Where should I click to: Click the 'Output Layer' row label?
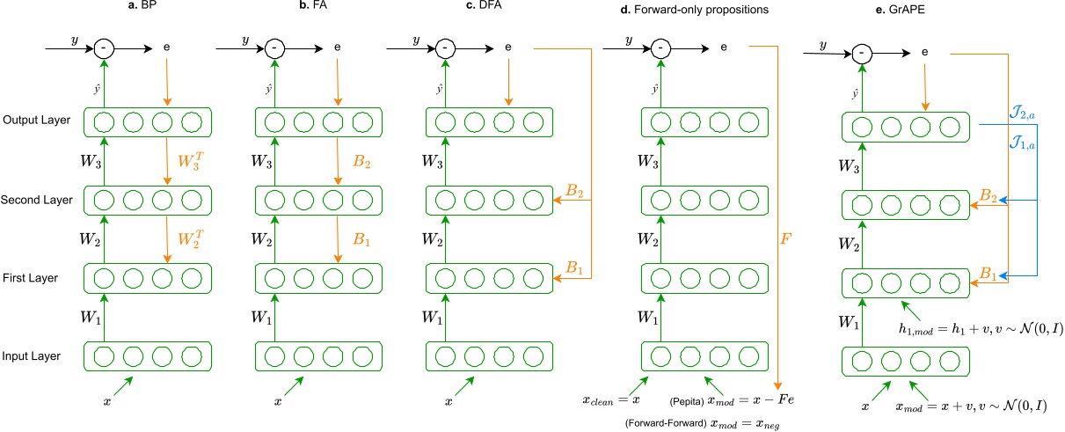pyautogui.click(x=33, y=120)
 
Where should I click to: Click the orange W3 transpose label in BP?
pyautogui.click(x=191, y=160)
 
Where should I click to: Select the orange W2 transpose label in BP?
pyautogui.click(x=191, y=238)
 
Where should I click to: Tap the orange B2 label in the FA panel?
pyautogui.click(x=361, y=160)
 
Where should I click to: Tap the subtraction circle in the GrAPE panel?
pyautogui.click(x=863, y=54)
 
